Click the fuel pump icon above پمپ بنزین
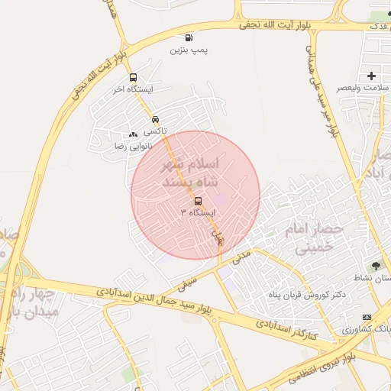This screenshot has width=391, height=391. click(189, 37)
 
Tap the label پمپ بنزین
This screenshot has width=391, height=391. click(189, 50)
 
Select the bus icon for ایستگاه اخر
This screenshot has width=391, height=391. click(134, 78)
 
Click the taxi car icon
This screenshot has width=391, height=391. click(155, 120)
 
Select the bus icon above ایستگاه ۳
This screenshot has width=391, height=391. click(199, 201)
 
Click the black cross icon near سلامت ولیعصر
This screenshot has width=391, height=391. click(372, 76)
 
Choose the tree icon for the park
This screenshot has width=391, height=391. click(376, 265)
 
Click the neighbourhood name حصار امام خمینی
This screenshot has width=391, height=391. click(314, 238)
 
